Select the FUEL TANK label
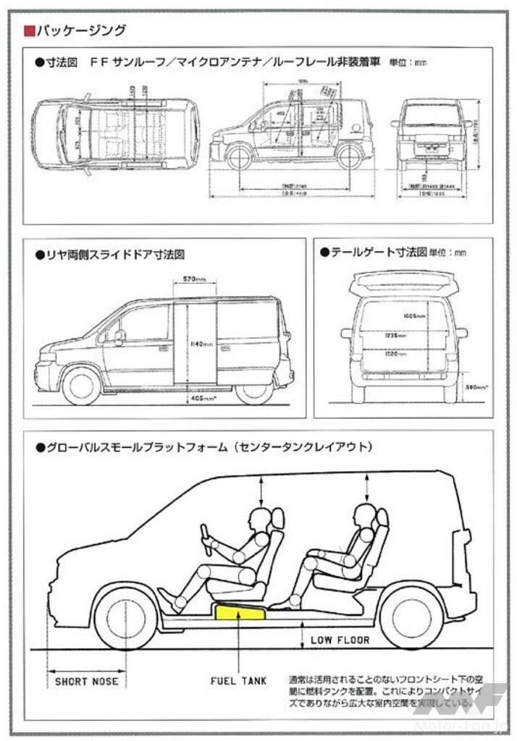tap(238, 681)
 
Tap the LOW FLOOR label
tap(340, 640)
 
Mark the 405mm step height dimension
tap(193, 397)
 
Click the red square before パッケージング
tap(28, 30)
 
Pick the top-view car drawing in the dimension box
tap(116, 135)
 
